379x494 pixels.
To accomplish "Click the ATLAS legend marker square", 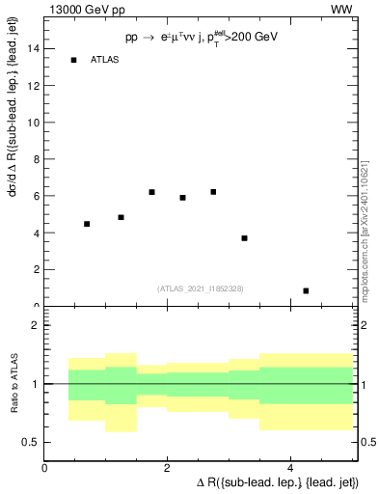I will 73,60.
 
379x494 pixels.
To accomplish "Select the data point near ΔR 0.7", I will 87,224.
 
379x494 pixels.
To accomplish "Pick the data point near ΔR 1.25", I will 121,217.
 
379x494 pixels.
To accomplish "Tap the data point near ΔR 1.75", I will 152,192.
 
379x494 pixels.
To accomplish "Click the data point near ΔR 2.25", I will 182,198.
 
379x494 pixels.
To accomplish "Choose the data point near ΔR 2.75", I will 213,192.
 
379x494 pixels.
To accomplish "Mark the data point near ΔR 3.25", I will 245,238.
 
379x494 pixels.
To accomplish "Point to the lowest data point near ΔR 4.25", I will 306,290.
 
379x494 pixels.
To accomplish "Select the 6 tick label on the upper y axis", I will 35,196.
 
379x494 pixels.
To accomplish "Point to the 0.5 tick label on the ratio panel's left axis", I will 29,442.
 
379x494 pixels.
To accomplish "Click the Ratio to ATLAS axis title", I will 13,385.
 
